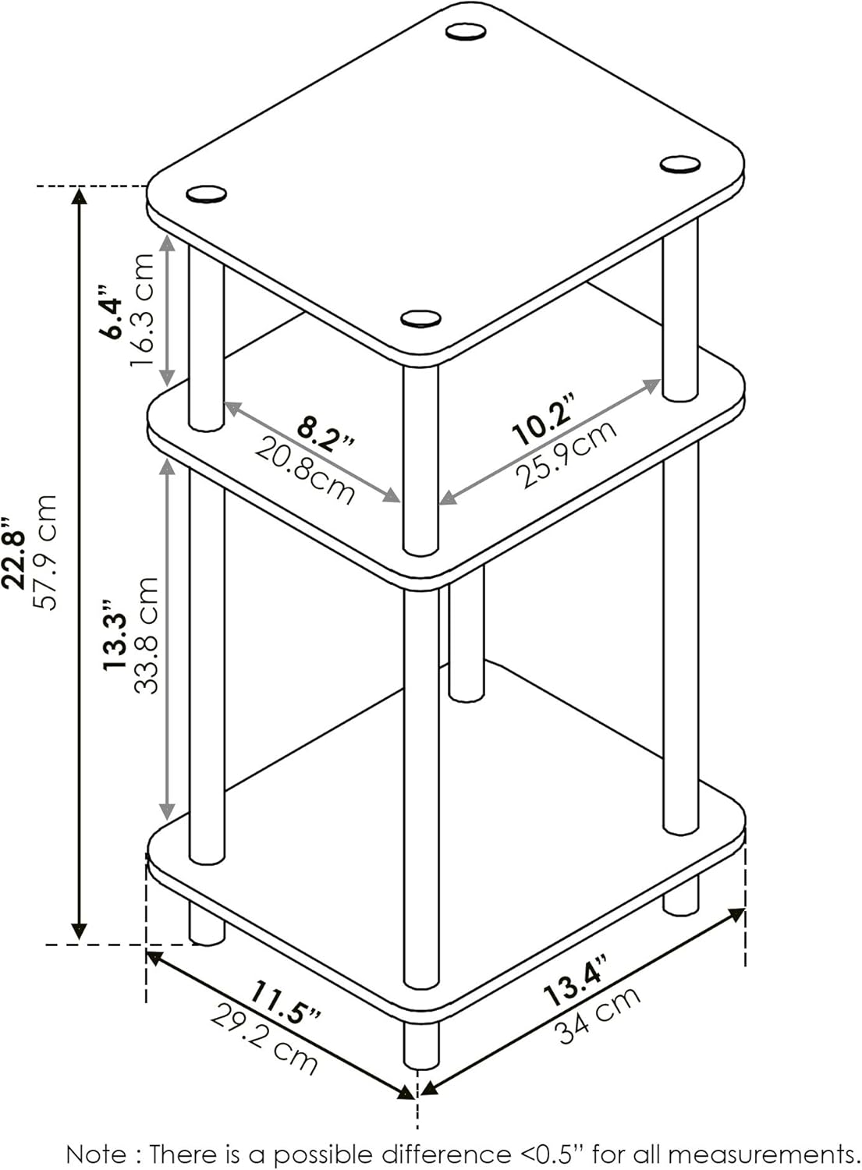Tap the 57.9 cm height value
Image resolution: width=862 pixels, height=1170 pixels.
tap(45, 552)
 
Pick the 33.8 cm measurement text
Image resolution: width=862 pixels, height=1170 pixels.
tap(146, 635)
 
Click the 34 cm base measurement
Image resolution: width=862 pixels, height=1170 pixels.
tap(598, 1015)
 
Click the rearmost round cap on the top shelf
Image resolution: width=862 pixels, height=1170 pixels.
tap(466, 32)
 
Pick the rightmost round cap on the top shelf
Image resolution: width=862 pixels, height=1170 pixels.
tap(679, 164)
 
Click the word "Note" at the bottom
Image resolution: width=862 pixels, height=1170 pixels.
tap(95, 1154)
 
